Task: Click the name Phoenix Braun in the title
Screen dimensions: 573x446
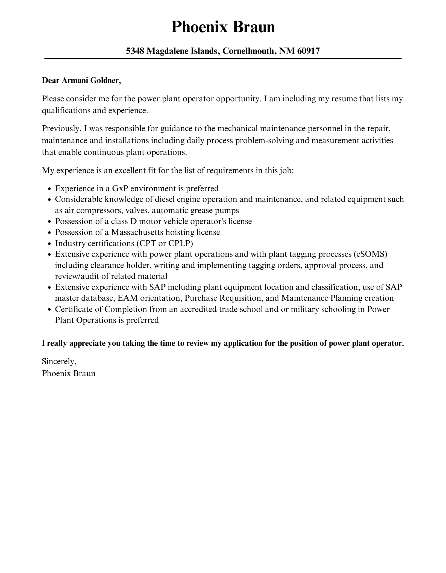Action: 223,27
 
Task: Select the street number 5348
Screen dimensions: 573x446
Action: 135,51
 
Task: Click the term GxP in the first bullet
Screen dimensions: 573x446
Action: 120,188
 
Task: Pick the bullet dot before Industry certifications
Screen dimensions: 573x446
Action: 49,244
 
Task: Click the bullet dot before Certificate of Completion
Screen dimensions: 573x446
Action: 49,310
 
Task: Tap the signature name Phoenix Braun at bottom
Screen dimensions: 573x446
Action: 69,373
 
